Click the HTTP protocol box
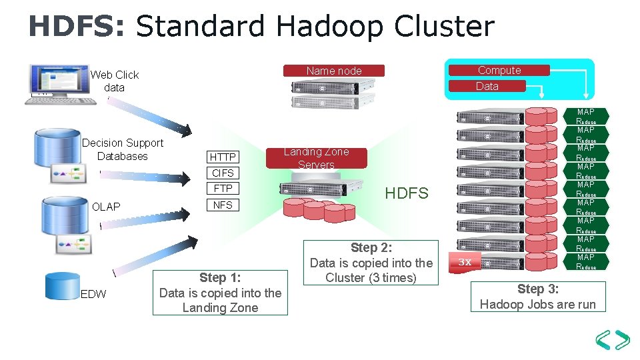[223, 157]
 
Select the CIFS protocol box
[223, 173]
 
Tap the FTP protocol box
[223, 189]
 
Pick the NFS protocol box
[223, 205]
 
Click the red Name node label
[334, 71]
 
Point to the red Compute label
[499, 70]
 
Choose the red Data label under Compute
[487, 86]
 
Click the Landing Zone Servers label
[316, 158]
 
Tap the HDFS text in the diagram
[407, 193]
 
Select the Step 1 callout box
[220, 292]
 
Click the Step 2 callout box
[371, 263]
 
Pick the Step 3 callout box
[538, 297]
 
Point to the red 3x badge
[465, 261]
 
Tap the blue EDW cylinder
[62, 286]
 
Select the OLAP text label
[106, 207]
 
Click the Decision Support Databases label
[123, 149]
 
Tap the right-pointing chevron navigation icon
[622, 339]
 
